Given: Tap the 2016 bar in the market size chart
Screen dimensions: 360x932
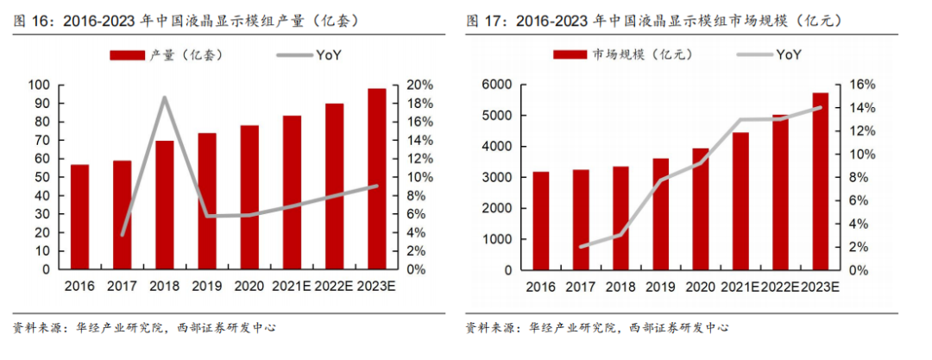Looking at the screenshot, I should coord(541,220).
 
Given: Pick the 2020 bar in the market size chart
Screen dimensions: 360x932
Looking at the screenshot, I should coord(701,208).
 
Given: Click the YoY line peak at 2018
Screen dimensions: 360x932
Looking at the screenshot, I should coord(164,98).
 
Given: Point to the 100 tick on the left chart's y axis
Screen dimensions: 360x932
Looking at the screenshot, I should coord(40,85).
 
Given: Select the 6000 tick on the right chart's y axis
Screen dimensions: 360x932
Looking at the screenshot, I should coord(499,85).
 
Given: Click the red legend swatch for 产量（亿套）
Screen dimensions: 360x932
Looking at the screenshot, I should coord(127,56).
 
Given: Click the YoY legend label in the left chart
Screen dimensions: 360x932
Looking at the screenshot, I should coord(328,55).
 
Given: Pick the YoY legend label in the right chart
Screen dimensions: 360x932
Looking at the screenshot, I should coord(789,55).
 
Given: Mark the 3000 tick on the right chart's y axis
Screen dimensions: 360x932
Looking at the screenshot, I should coord(499,177).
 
